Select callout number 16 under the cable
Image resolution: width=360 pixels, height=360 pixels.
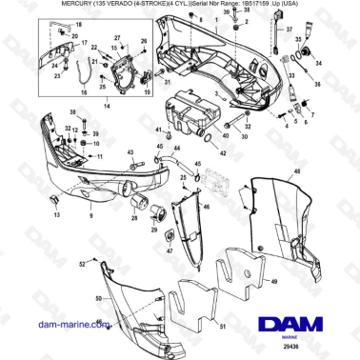click(83, 92)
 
